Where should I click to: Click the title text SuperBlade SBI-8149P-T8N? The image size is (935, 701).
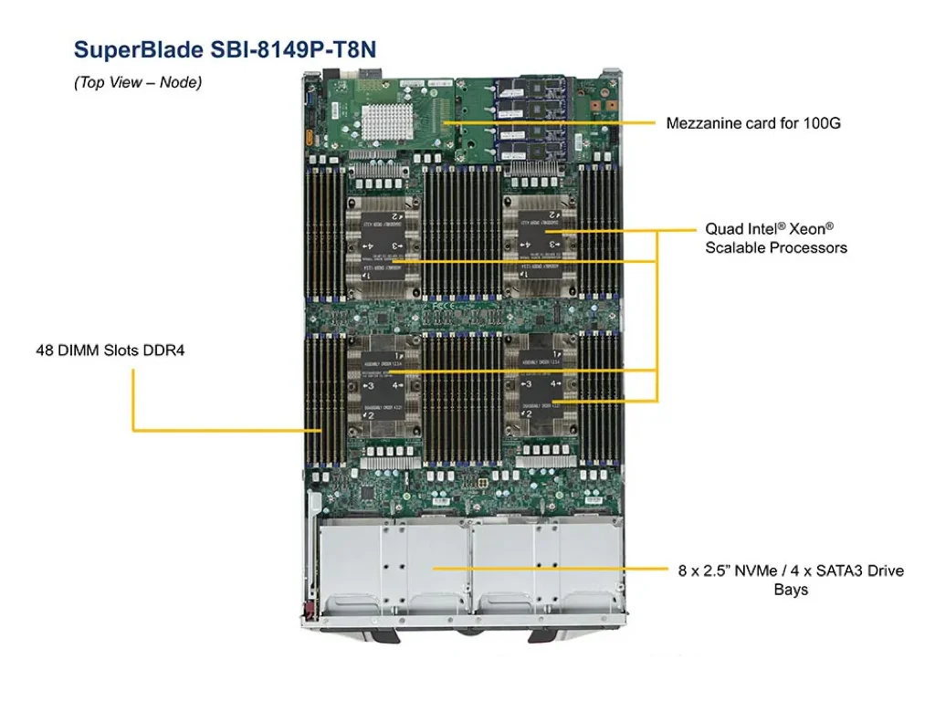[x=224, y=49]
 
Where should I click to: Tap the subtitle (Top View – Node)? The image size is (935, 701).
[x=138, y=82]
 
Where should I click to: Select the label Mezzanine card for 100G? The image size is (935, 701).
[x=753, y=122]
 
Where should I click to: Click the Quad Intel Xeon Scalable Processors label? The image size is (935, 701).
[x=775, y=238]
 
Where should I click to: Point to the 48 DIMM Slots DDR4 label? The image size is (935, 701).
[x=110, y=350]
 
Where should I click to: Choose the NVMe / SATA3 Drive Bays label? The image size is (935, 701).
[x=791, y=580]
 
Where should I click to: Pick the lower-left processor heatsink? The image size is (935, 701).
[x=383, y=388]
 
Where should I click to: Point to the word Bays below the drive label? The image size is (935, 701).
[x=791, y=591]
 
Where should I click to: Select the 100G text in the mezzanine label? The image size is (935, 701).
[x=822, y=122]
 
